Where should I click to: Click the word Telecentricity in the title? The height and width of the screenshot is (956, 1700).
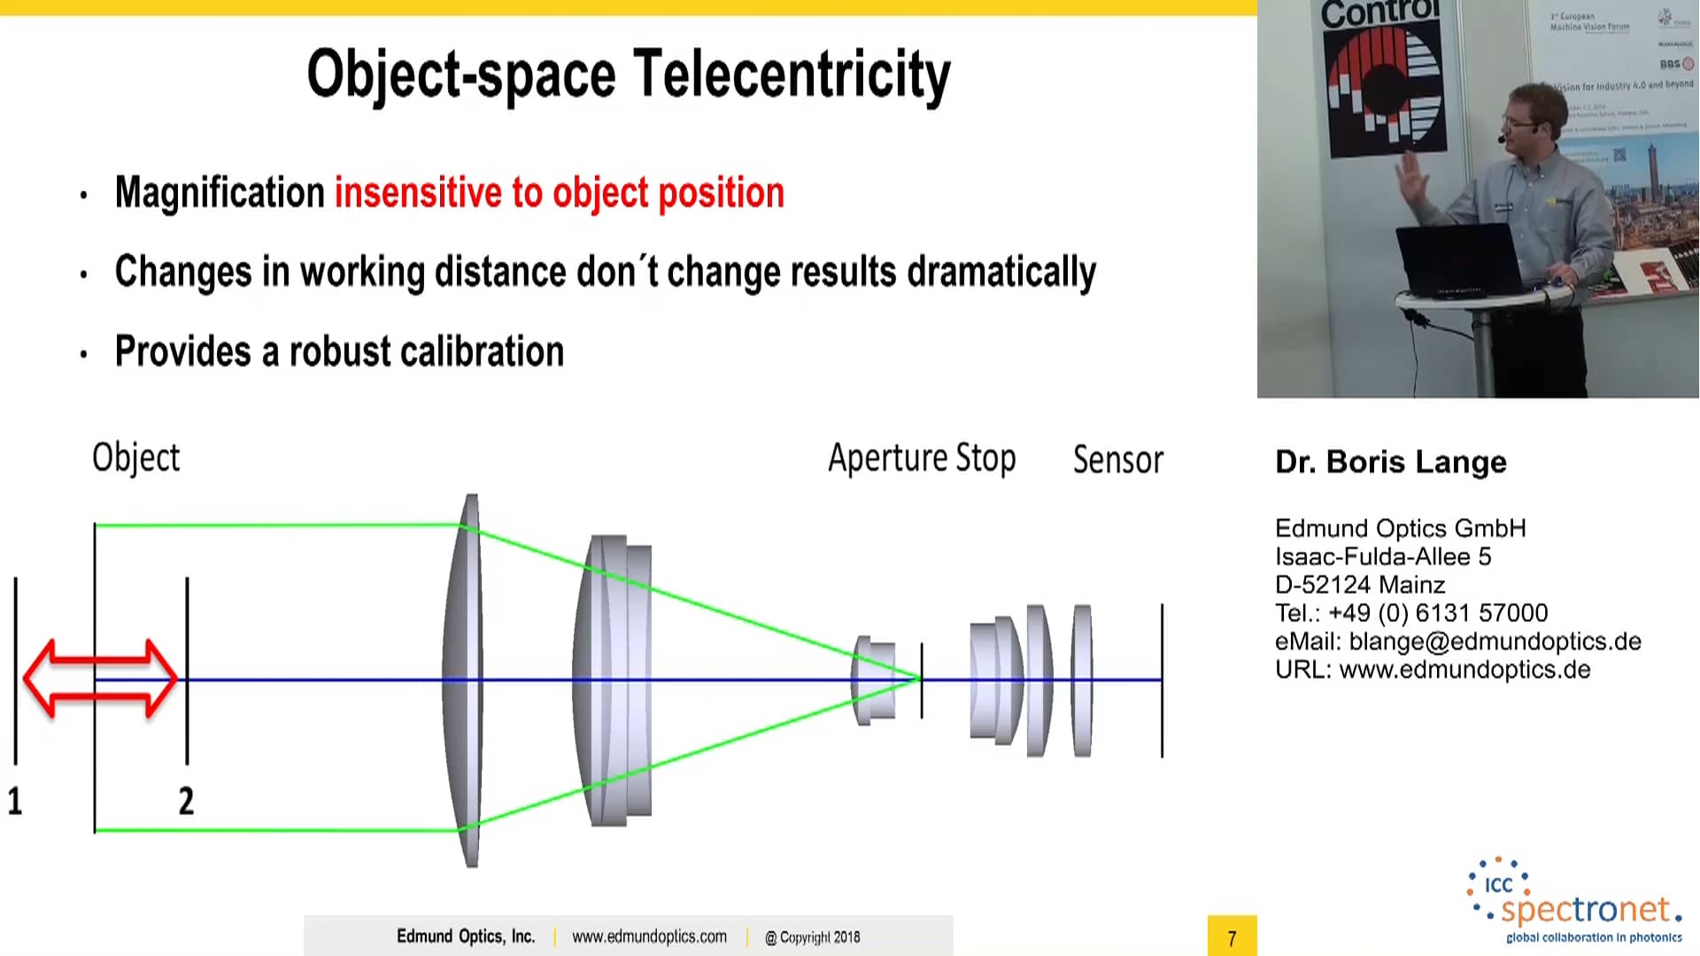point(792,74)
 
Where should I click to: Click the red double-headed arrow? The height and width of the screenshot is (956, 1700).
point(100,678)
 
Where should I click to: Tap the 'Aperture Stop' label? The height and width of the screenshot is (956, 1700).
point(922,459)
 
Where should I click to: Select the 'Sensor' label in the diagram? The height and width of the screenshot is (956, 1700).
point(1117,460)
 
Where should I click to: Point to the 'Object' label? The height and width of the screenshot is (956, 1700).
point(135,458)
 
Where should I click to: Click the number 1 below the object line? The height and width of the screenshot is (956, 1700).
point(15,801)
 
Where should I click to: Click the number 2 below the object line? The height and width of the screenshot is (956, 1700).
point(186,801)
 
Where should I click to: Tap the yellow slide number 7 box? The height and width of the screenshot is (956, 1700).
point(1232,937)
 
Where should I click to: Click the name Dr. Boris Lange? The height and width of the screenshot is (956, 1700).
point(1390,462)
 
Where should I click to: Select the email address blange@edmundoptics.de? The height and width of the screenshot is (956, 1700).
point(1495,642)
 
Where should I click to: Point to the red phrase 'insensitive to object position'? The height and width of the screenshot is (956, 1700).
point(559,193)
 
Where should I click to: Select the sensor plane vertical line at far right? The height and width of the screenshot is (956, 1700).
point(1162,680)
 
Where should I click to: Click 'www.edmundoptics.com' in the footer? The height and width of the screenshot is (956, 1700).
point(649,937)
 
